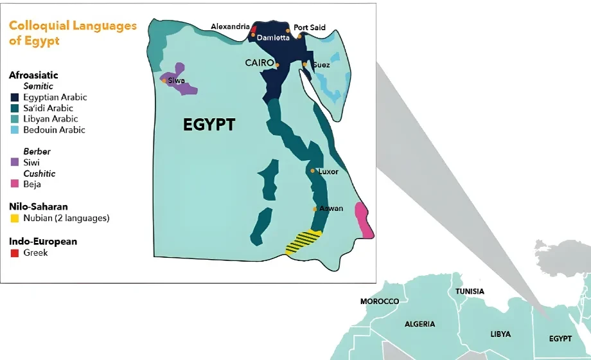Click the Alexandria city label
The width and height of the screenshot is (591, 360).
tap(230, 26)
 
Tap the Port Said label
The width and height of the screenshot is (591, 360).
tap(310, 28)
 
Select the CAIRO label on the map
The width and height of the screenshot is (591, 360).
tap(260, 62)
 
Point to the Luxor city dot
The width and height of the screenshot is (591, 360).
tap(312, 171)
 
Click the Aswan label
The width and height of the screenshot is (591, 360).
tap(331, 208)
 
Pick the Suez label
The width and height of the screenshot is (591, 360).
tap(321, 65)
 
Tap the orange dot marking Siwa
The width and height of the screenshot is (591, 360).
tap(164, 80)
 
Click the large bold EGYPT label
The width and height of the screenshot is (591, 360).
tap(209, 125)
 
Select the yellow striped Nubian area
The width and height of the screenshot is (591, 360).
tap(303, 242)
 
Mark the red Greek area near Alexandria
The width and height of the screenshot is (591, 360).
tap(254, 30)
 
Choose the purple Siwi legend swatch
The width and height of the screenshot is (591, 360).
tap(15, 163)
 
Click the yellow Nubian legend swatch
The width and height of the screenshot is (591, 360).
tap(15, 218)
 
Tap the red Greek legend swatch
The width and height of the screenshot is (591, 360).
tap(15, 253)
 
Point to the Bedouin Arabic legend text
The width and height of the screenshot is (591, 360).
tap(54, 130)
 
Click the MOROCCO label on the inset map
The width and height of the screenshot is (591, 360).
tap(380, 301)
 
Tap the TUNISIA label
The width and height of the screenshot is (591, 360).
tap(470, 291)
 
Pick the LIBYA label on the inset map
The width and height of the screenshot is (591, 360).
tap(501, 334)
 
